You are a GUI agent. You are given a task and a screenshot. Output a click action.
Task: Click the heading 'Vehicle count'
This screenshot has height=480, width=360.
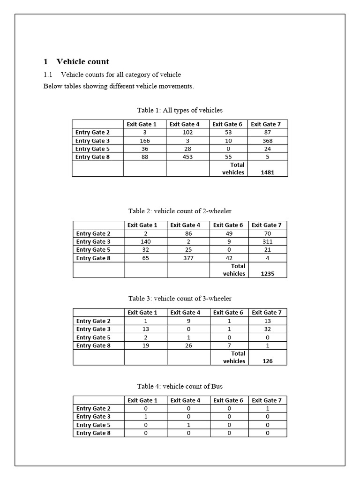tap(82, 61)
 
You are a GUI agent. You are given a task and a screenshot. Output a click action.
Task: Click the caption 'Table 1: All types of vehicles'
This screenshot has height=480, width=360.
tap(180, 110)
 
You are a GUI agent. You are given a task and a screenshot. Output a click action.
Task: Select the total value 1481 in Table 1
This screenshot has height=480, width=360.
tap(267, 172)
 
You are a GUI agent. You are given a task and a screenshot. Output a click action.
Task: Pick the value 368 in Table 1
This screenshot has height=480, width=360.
tap(267, 141)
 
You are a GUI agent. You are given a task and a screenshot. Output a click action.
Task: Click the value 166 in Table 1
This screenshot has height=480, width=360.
tap(144, 141)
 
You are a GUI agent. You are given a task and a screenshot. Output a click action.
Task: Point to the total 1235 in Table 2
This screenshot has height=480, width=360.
tap(267, 274)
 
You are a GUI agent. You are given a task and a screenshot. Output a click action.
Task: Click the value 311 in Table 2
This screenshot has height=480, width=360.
tap(267, 242)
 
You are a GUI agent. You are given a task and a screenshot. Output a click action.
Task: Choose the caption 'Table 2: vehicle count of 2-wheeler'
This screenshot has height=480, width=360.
tap(180, 211)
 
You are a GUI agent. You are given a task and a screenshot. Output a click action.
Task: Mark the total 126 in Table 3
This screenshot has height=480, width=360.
tap(267, 361)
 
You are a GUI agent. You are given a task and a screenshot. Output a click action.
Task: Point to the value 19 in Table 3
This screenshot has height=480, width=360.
tap(145, 345)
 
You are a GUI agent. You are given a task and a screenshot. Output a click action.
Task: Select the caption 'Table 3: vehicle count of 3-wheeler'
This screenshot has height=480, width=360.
tap(180, 298)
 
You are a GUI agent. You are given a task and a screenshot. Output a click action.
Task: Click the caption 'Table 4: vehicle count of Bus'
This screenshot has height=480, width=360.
tap(180, 386)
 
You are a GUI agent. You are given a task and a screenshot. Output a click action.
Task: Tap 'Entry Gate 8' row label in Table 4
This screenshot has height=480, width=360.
tap(93, 433)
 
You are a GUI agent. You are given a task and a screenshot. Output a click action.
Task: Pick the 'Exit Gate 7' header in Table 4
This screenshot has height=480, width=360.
tap(267, 400)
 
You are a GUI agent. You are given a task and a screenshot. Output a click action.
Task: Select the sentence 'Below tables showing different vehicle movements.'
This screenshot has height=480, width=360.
tap(118, 86)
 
